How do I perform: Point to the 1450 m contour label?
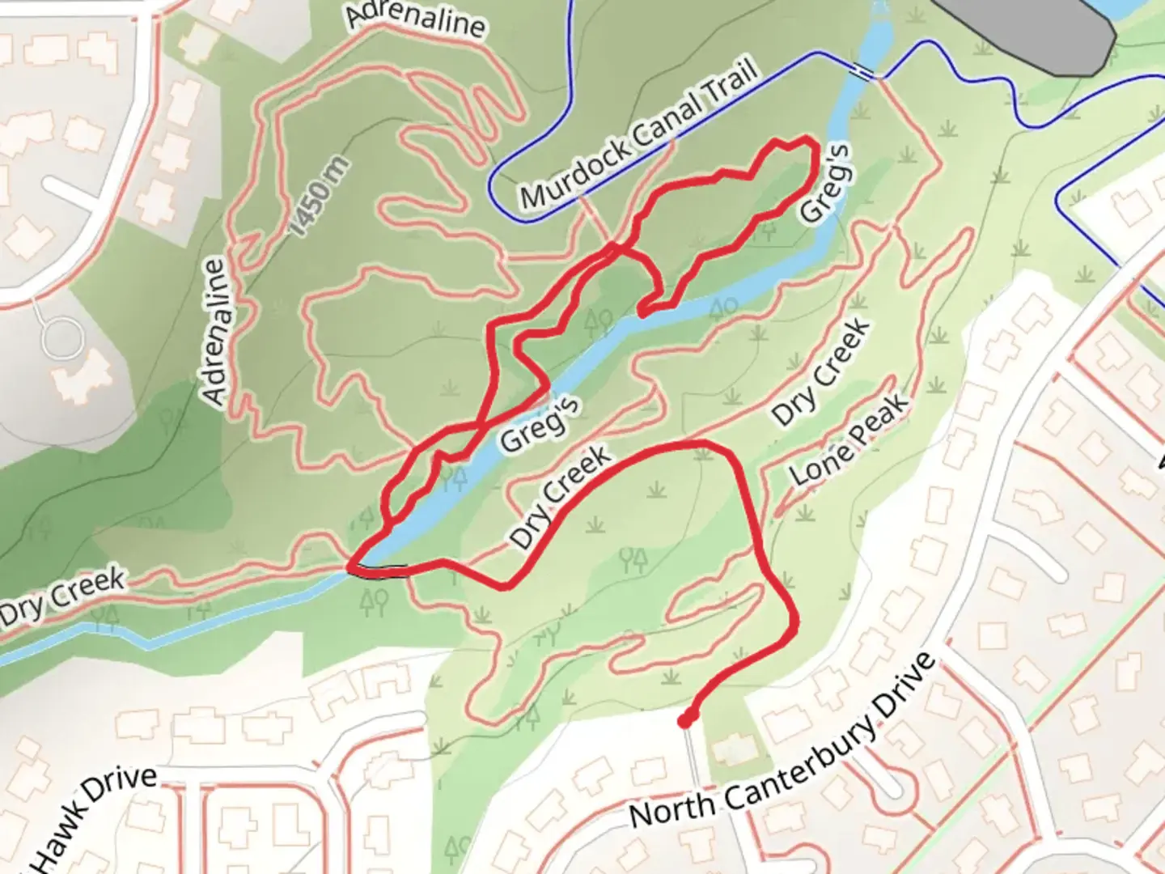point(319,197)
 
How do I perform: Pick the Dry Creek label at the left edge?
point(63,596)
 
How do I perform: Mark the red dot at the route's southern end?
point(686,719)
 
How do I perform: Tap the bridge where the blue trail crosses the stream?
point(867,74)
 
